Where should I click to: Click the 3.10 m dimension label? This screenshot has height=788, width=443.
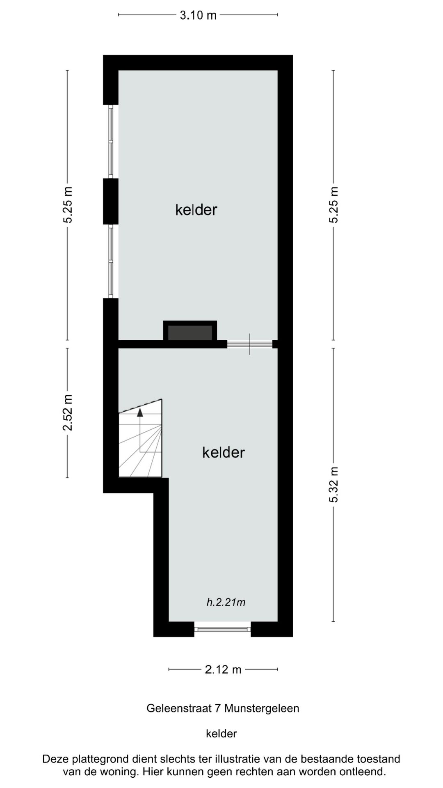pos(198,16)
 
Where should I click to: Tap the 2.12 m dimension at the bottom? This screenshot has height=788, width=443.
pos(223,669)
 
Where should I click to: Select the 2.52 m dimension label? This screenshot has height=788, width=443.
pos(68,412)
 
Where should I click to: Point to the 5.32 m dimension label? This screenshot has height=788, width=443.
pos(334,485)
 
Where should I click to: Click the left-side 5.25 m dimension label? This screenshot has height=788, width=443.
pos(68,205)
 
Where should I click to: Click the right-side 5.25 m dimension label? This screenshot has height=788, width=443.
pos(334,205)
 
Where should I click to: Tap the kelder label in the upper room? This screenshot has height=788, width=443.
pos(196,210)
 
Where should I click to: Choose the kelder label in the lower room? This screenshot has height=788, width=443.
pos(224,452)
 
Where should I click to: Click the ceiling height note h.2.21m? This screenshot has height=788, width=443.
pos(226,602)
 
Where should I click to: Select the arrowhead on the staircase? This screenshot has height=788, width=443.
pos(140,412)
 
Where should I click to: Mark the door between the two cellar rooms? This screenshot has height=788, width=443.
pos(250,344)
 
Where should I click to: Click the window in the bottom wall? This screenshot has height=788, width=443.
pos(222,629)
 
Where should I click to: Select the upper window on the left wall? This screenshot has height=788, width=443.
pos(111,142)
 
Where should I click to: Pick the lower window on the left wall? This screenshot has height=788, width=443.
pos(111,261)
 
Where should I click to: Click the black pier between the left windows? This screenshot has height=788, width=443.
pos(111,201)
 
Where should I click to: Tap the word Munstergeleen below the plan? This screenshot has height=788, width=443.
pos(262,708)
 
